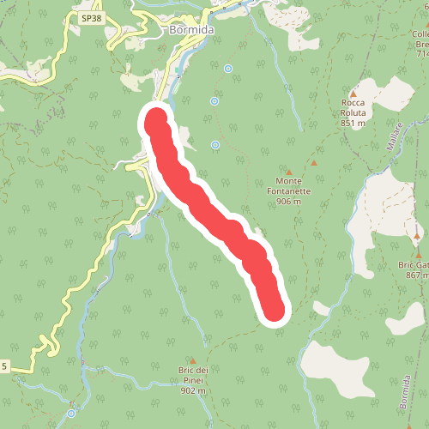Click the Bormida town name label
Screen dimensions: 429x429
pyautogui.click(x=190, y=31)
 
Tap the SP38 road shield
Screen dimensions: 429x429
pyautogui.click(x=92, y=17)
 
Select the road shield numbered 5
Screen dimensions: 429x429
pyautogui.click(x=4, y=366)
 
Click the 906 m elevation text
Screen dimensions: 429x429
pyautogui.click(x=289, y=202)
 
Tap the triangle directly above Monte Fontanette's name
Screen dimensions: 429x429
pyautogui.click(x=289, y=171)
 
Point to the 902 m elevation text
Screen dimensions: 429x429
pyautogui.click(x=194, y=390)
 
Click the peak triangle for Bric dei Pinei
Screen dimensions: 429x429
pyautogui.click(x=194, y=360)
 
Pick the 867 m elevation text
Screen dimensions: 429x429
pyautogui.click(x=417, y=275)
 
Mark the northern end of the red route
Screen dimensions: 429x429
pyautogui.click(x=155, y=119)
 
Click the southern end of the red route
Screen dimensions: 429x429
pyautogui.click(x=274, y=310)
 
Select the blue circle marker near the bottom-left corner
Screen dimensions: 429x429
pyautogui.click(x=70, y=414)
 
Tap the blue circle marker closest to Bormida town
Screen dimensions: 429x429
pyautogui.click(x=227, y=68)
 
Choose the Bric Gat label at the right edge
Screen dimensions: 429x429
pyautogui.click(x=415, y=264)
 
